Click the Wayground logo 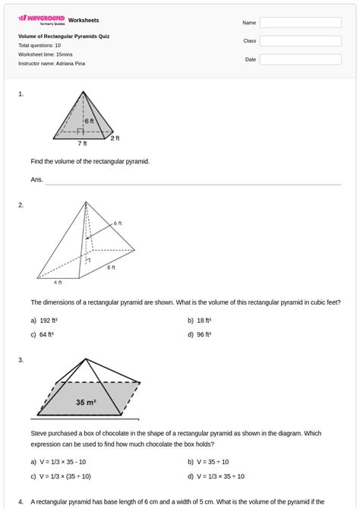click(42, 21)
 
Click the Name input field click(300, 23)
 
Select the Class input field click(300, 41)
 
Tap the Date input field click(300, 59)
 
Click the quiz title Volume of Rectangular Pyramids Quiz click(64, 36)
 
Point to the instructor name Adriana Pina click(52, 64)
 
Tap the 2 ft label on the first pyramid click(115, 138)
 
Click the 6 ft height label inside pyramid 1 click(90, 121)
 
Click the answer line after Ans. click(193, 182)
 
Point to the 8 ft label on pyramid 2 click(111, 267)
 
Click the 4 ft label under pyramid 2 click(58, 283)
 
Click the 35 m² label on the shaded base click(85, 403)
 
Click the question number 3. click(21, 360)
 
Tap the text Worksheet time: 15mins click(46, 55)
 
